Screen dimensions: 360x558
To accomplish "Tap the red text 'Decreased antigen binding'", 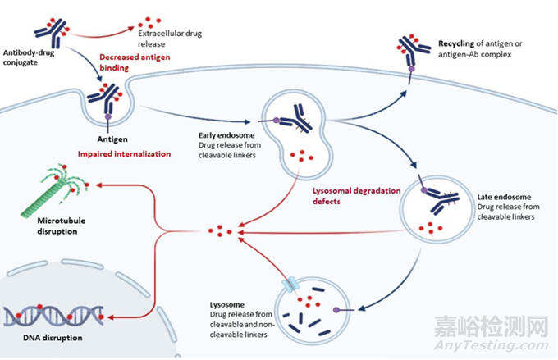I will (x=135, y=63).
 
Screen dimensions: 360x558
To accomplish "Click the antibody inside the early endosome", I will (x=295, y=122).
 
